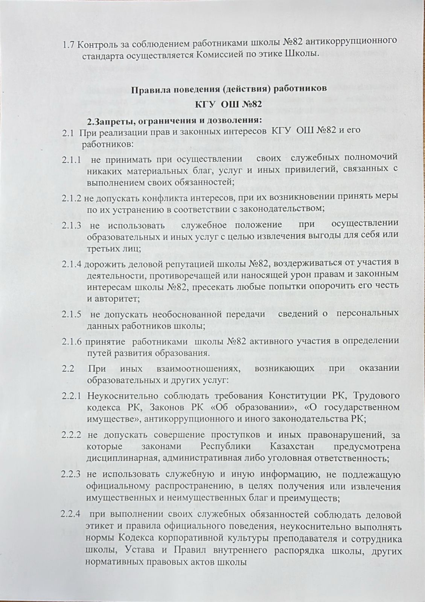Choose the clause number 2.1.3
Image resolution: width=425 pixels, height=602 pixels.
(72, 225)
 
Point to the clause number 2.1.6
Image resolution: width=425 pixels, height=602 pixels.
(72, 341)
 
